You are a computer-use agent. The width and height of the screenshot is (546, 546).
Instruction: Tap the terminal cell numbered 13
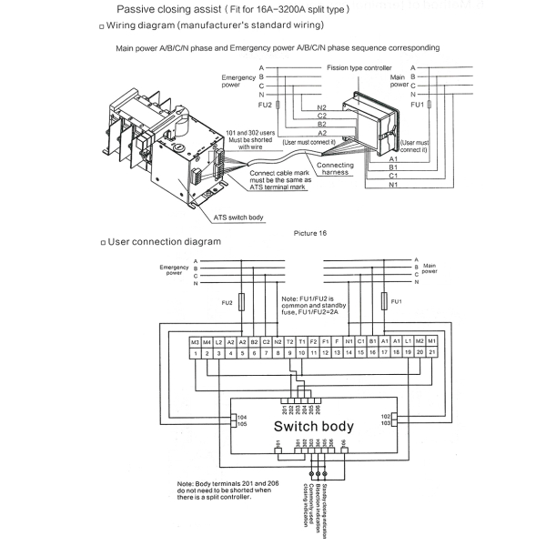point(337,351)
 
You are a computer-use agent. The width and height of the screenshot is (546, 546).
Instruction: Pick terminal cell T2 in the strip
point(289,341)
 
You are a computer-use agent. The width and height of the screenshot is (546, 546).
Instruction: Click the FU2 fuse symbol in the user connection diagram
point(241,301)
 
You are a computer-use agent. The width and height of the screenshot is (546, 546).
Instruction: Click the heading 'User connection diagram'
point(165,242)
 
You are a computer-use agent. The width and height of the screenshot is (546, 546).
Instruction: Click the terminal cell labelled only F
point(337,341)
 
